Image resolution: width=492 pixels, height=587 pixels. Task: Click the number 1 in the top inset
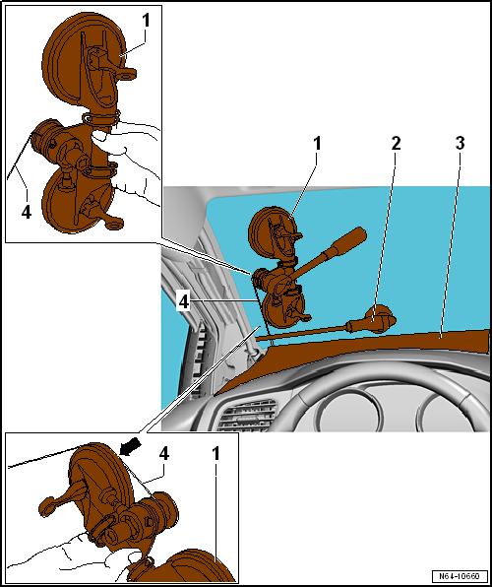coord(146,21)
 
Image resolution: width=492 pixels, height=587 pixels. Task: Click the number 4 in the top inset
coord(27,213)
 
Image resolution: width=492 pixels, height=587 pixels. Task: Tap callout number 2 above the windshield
coord(396,144)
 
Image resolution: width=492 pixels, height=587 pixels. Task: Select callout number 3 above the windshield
coord(460,144)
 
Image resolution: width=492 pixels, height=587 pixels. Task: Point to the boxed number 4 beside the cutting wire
coord(184,302)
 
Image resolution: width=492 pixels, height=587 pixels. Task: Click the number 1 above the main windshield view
coord(318,144)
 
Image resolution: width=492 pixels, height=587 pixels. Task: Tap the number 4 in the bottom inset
coord(164,454)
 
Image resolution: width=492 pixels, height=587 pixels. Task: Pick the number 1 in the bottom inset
coord(215,454)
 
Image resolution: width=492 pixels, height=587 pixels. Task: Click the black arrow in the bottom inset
coord(131,447)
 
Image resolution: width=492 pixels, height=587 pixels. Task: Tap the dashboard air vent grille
coord(248,415)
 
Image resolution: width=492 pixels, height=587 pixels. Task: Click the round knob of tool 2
coord(380,318)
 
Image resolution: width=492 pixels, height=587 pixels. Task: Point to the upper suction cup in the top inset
coord(85,62)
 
